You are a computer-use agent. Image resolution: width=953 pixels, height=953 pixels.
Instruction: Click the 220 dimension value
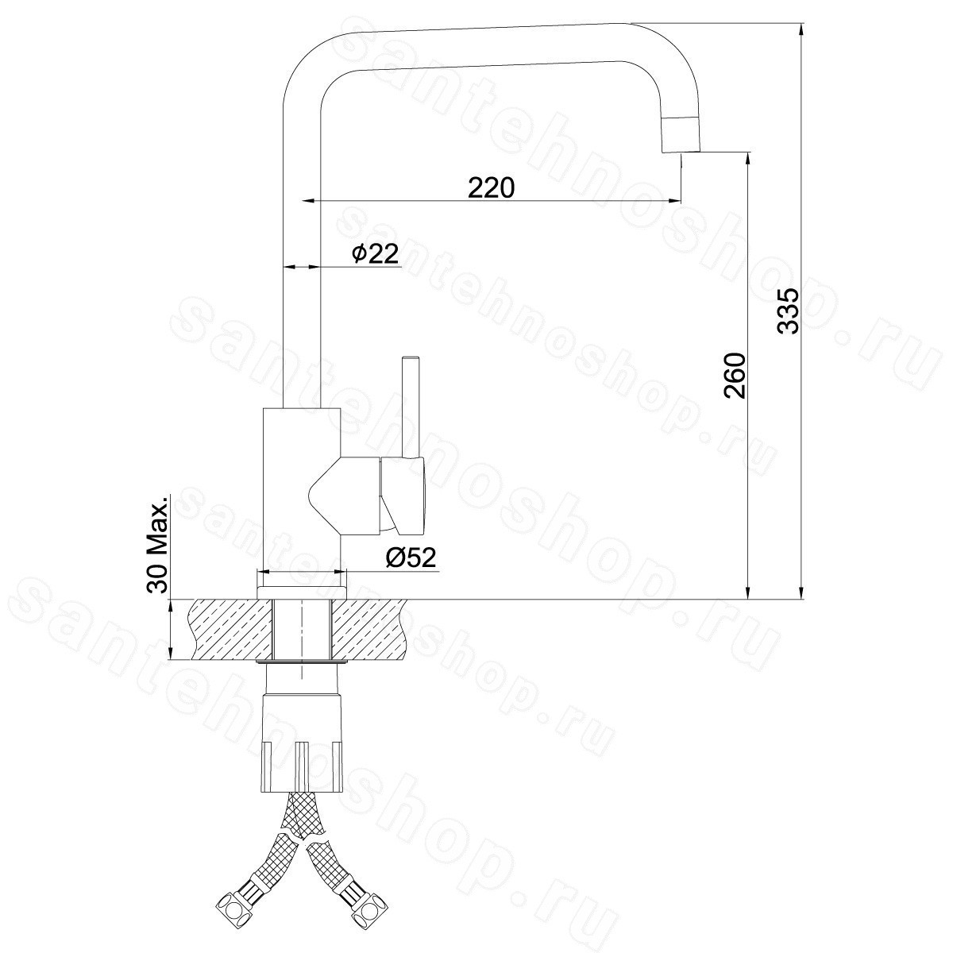click(491, 187)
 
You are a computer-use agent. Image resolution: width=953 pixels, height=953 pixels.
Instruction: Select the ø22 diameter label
click(374, 253)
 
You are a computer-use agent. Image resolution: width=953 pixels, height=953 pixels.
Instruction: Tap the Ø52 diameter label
click(411, 558)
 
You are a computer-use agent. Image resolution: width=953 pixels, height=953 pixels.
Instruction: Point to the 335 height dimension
click(787, 311)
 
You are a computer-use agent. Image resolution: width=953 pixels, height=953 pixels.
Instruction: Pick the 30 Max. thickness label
click(158, 543)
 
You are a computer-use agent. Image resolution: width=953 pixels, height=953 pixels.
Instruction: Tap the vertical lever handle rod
click(411, 407)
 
